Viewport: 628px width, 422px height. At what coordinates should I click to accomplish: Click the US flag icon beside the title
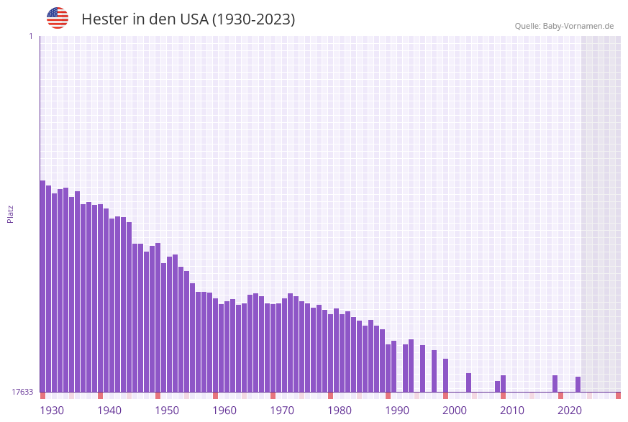[x=58, y=18]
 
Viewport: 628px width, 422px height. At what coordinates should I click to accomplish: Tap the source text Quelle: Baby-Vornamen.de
[x=564, y=26]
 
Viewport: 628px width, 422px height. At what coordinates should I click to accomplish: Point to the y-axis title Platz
[x=11, y=214]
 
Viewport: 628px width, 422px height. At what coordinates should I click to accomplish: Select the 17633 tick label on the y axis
[x=22, y=392]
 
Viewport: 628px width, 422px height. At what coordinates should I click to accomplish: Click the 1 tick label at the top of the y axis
[x=30, y=36]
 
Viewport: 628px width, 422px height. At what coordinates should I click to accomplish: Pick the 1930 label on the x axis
[x=52, y=410]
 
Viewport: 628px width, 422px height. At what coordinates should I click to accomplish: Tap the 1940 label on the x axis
[x=109, y=410]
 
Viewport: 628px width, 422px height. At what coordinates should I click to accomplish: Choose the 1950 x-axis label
[x=167, y=410]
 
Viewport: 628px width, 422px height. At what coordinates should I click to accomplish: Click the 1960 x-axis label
[x=224, y=410]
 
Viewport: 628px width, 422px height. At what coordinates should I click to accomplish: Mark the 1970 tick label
[x=282, y=410]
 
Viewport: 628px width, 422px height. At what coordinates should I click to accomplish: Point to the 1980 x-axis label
[x=340, y=410]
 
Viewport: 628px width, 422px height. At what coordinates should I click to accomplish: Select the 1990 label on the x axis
[x=397, y=410]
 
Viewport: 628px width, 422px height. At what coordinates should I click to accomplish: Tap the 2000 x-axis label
[x=455, y=410]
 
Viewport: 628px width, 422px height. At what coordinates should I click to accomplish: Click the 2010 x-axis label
[x=512, y=410]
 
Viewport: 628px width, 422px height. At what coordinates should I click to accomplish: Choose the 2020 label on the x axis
[x=570, y=410]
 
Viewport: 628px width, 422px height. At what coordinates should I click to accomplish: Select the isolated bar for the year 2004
[x=468, y=382]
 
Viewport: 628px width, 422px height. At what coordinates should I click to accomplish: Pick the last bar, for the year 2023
[x=578, y=385]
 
